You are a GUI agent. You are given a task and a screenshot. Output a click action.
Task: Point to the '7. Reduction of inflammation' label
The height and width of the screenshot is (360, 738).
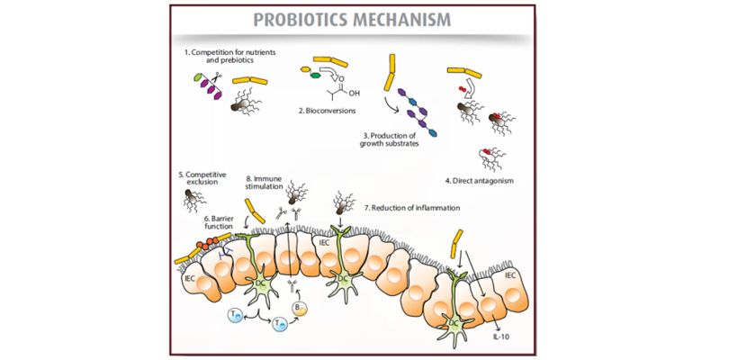[x=412, y=208]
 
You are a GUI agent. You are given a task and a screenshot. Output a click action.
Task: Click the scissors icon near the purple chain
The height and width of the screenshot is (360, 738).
[x=215, y=80]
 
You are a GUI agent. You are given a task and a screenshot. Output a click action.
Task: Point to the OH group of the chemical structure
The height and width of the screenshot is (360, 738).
[x=352, y=92]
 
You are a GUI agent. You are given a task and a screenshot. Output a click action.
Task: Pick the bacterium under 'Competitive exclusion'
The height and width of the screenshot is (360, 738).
[x=190, y=201]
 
